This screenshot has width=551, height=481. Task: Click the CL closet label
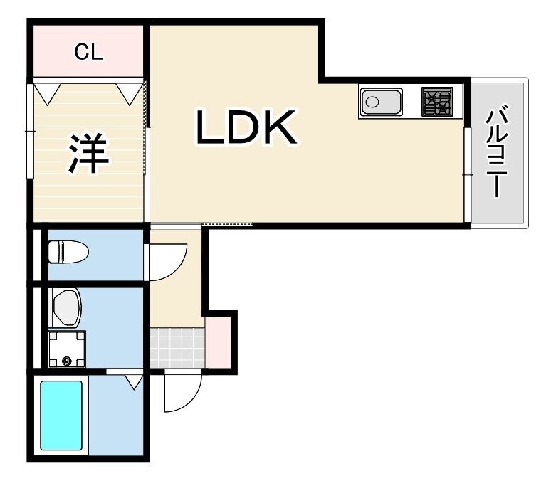click(x=90, y=51)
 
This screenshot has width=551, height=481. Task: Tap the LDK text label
click(x=246, y=128)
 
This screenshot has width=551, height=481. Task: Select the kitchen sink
click(x=381, y=102)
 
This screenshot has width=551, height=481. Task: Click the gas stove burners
click(x=436, y=102)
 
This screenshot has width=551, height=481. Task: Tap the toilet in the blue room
click(x=68, y=251)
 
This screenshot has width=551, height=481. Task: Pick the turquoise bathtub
click(x=61, y=416)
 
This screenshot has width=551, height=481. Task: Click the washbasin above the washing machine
click(x=67, y=307)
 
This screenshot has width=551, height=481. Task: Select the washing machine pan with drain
click(x=67, y=349)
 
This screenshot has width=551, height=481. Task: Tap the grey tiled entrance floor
click(x=177, y=347)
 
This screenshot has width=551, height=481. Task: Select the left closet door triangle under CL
click(x=48, y=91)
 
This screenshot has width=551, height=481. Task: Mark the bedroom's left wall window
click(x=30, y=131)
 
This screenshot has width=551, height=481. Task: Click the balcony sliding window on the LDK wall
click(x=467, y=174)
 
